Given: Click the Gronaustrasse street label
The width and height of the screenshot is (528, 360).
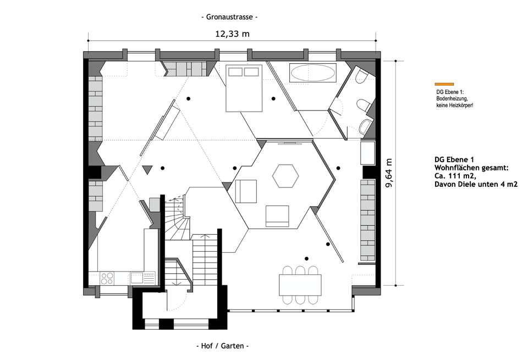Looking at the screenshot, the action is (x=230, y=17).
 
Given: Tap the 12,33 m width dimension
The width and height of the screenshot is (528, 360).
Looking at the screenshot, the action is (x=232, y=34).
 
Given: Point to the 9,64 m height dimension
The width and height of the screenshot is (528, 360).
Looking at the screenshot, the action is (x=389, y=173).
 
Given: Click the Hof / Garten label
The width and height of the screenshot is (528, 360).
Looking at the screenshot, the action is (x=223, y=346).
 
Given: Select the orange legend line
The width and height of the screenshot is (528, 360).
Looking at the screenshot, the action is (x=444, y=84).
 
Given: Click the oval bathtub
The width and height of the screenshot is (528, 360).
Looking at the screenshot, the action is (x=313, y=73).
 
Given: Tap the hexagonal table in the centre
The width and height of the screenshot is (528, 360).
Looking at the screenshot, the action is (x=285, y=176).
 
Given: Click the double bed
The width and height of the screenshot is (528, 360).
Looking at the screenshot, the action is (x=244, y=87).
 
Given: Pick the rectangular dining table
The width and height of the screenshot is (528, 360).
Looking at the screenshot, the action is (x=300, y=285).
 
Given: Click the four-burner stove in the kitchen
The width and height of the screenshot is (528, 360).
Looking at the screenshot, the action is (x=107, y=278).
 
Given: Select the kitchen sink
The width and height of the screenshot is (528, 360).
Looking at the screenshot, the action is (x=137, y=278).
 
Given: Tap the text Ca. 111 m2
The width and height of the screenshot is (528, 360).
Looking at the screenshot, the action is (x=455, y=176).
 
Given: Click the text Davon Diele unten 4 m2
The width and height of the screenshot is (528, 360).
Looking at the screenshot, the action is (x=476, y=184).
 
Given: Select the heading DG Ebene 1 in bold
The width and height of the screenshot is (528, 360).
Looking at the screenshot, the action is (x=454, y=159).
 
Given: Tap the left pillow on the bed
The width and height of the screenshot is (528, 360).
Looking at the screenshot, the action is (x=235, y=72).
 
